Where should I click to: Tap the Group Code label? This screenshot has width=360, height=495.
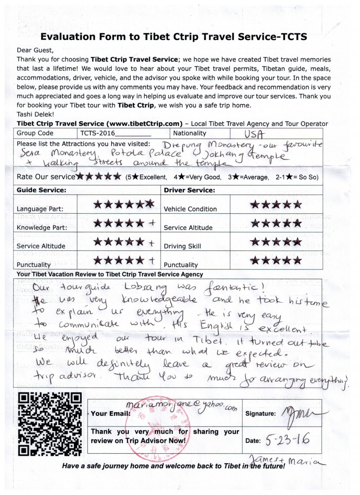point(35,133)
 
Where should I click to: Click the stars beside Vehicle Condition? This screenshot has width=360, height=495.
point(276,205)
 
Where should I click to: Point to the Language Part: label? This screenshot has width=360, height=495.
point(40,209)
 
